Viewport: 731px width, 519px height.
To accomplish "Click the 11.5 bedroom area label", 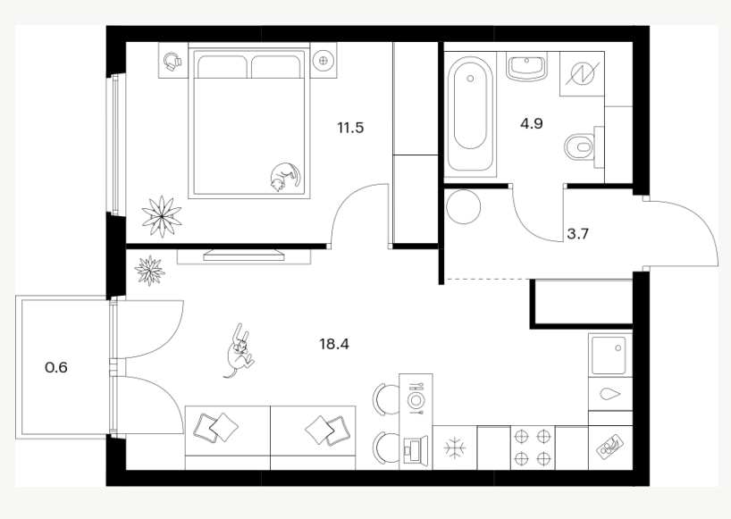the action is [350, 127].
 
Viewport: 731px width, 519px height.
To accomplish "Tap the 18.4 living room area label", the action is [334, 344].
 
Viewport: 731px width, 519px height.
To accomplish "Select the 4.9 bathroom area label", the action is [532, 124].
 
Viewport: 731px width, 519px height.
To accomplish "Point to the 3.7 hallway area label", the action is [577, 234].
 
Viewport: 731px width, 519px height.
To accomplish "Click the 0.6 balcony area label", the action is [56, 367].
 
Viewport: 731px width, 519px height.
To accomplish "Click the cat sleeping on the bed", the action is [285, 177].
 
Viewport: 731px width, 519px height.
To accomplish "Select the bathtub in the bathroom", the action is [470, 114].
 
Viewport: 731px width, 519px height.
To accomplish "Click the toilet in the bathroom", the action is [583, 146].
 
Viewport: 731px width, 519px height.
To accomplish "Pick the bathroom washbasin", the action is [527, 66].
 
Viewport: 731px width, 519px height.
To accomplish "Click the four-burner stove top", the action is [533, 448].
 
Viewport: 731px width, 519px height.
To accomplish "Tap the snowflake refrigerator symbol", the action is [455, 448].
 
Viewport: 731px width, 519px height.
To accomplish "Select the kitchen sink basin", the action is [609, 355].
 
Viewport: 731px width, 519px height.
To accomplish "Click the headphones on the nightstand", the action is [172, 62].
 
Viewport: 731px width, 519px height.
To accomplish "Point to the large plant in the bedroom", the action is [162, 217].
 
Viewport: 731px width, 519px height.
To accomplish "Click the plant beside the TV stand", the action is [149, 270].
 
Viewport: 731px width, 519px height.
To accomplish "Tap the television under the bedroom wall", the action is [244, 254].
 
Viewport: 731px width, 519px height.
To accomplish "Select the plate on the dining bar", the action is [416, 399].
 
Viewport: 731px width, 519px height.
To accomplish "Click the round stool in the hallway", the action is [463, 207].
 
